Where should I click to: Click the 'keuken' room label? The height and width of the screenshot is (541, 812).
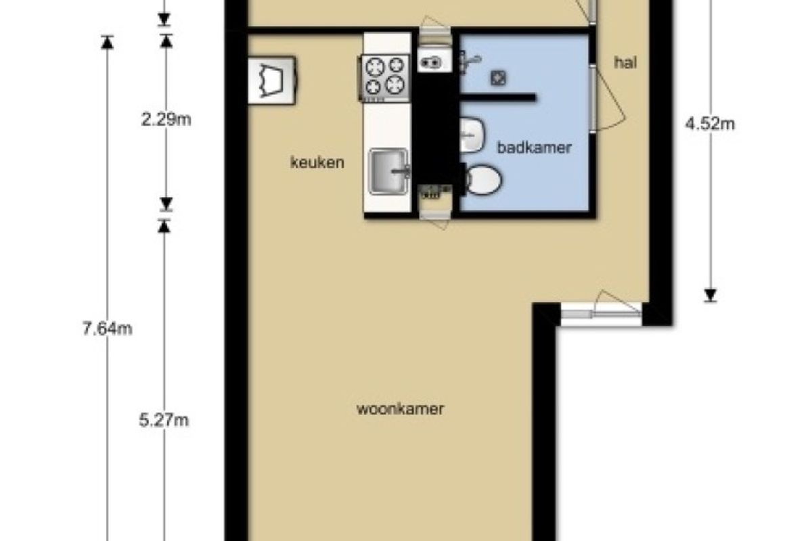click(317, 162)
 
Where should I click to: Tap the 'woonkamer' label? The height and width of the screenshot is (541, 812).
click(400, 409)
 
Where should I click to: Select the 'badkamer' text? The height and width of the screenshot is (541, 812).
click(535, 147)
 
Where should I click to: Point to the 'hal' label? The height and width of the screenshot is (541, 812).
click(625, 63)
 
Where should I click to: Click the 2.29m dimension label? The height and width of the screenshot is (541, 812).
click(166, 119)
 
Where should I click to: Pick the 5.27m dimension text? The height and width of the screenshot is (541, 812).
click(164, 421)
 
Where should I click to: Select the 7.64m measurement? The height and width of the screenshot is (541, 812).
click(108, 329)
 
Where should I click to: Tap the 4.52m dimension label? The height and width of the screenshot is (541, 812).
click(710, 124)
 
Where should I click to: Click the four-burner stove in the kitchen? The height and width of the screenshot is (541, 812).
click(384, 78)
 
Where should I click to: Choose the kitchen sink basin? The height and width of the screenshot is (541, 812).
click(388, 171)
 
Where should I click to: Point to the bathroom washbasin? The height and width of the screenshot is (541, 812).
click(472, 135)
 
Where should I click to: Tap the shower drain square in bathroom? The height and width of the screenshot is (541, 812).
click(499, 78)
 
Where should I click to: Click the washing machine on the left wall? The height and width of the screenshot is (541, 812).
click(271, 80)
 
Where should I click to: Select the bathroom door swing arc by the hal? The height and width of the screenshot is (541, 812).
click(611, 99)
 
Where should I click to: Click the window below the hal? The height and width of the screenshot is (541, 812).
click(601, 314)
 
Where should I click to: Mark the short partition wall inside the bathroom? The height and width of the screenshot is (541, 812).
click(497, 97)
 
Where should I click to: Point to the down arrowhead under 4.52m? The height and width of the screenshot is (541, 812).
click(710, 296)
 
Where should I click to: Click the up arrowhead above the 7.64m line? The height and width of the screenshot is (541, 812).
click(108, 42)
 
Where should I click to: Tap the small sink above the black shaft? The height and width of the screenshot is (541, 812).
click(434, 61)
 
